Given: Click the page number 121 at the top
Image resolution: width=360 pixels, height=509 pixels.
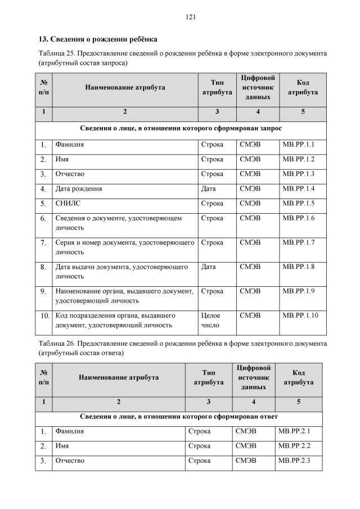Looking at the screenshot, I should pos(190,17).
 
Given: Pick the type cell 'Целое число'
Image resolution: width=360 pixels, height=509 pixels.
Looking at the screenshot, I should pos(211,320).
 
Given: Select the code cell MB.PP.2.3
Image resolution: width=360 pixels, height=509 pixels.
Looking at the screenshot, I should pos(294,461).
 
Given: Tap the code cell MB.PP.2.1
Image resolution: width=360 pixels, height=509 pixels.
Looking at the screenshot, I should pos(294,431).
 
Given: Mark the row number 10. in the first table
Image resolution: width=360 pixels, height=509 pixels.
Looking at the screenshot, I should pos(45,316).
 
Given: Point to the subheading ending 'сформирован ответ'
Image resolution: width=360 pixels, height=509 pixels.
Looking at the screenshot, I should pos(178,416).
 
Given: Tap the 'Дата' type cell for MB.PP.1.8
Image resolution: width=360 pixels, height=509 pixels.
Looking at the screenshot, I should pos(208,267).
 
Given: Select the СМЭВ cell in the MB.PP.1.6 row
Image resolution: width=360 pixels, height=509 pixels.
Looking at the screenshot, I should pos(250,218).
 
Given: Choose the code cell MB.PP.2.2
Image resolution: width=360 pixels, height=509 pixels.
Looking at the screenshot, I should pos(294,446).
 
